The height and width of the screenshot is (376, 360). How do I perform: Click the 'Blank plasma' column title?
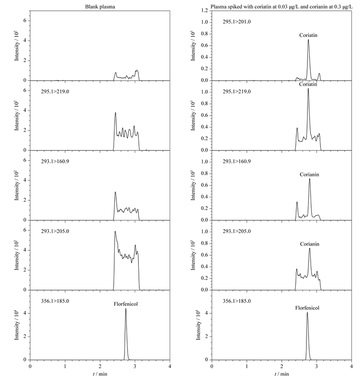[100, 7]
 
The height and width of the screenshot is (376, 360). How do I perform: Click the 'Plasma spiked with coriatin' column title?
[281, 7]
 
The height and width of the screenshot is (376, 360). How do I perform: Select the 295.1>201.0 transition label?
[237, 22]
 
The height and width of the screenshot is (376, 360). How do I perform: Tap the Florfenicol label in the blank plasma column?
[125, 304]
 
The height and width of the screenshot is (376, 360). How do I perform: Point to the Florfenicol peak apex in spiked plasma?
[307, 312]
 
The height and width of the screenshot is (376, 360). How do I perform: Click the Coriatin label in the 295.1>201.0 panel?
[308, 35]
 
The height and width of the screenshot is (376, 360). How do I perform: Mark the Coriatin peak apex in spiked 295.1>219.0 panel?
[308, 89]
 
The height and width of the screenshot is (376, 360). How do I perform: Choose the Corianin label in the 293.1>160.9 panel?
[309, 175]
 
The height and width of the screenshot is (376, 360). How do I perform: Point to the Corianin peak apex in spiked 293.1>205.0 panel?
[310, 248]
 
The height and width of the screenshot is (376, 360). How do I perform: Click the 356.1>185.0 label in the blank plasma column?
[55, 301]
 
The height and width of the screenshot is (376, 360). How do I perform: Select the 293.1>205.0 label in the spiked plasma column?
[237, 231]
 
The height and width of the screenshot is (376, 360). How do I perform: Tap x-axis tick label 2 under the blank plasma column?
[100, 366]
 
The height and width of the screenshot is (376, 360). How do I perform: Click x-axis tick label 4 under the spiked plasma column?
[352, 366]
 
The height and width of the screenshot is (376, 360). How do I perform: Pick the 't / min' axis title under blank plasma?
[100, 373]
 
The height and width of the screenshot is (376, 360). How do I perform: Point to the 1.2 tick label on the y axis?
[205, 10]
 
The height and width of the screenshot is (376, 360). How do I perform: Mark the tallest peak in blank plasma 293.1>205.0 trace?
[115, 231]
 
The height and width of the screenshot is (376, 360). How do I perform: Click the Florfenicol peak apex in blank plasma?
[125, 308]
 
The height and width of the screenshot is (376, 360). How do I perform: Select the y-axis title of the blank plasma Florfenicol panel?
[16, 325]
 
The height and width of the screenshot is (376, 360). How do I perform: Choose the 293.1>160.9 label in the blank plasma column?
[55, 161]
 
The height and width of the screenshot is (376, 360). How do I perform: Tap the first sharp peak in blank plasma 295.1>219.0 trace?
[115, 112]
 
